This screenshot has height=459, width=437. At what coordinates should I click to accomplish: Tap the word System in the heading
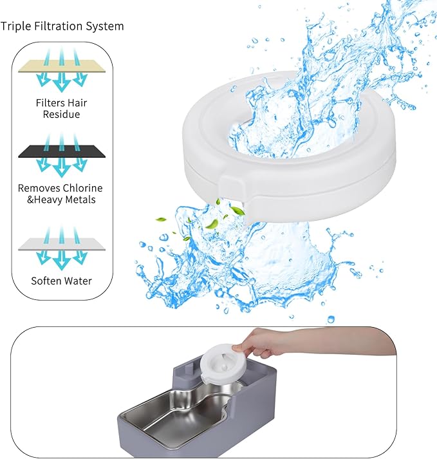104,26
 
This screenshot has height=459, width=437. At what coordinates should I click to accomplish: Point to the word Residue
62,115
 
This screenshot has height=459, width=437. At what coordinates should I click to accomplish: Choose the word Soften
47,281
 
